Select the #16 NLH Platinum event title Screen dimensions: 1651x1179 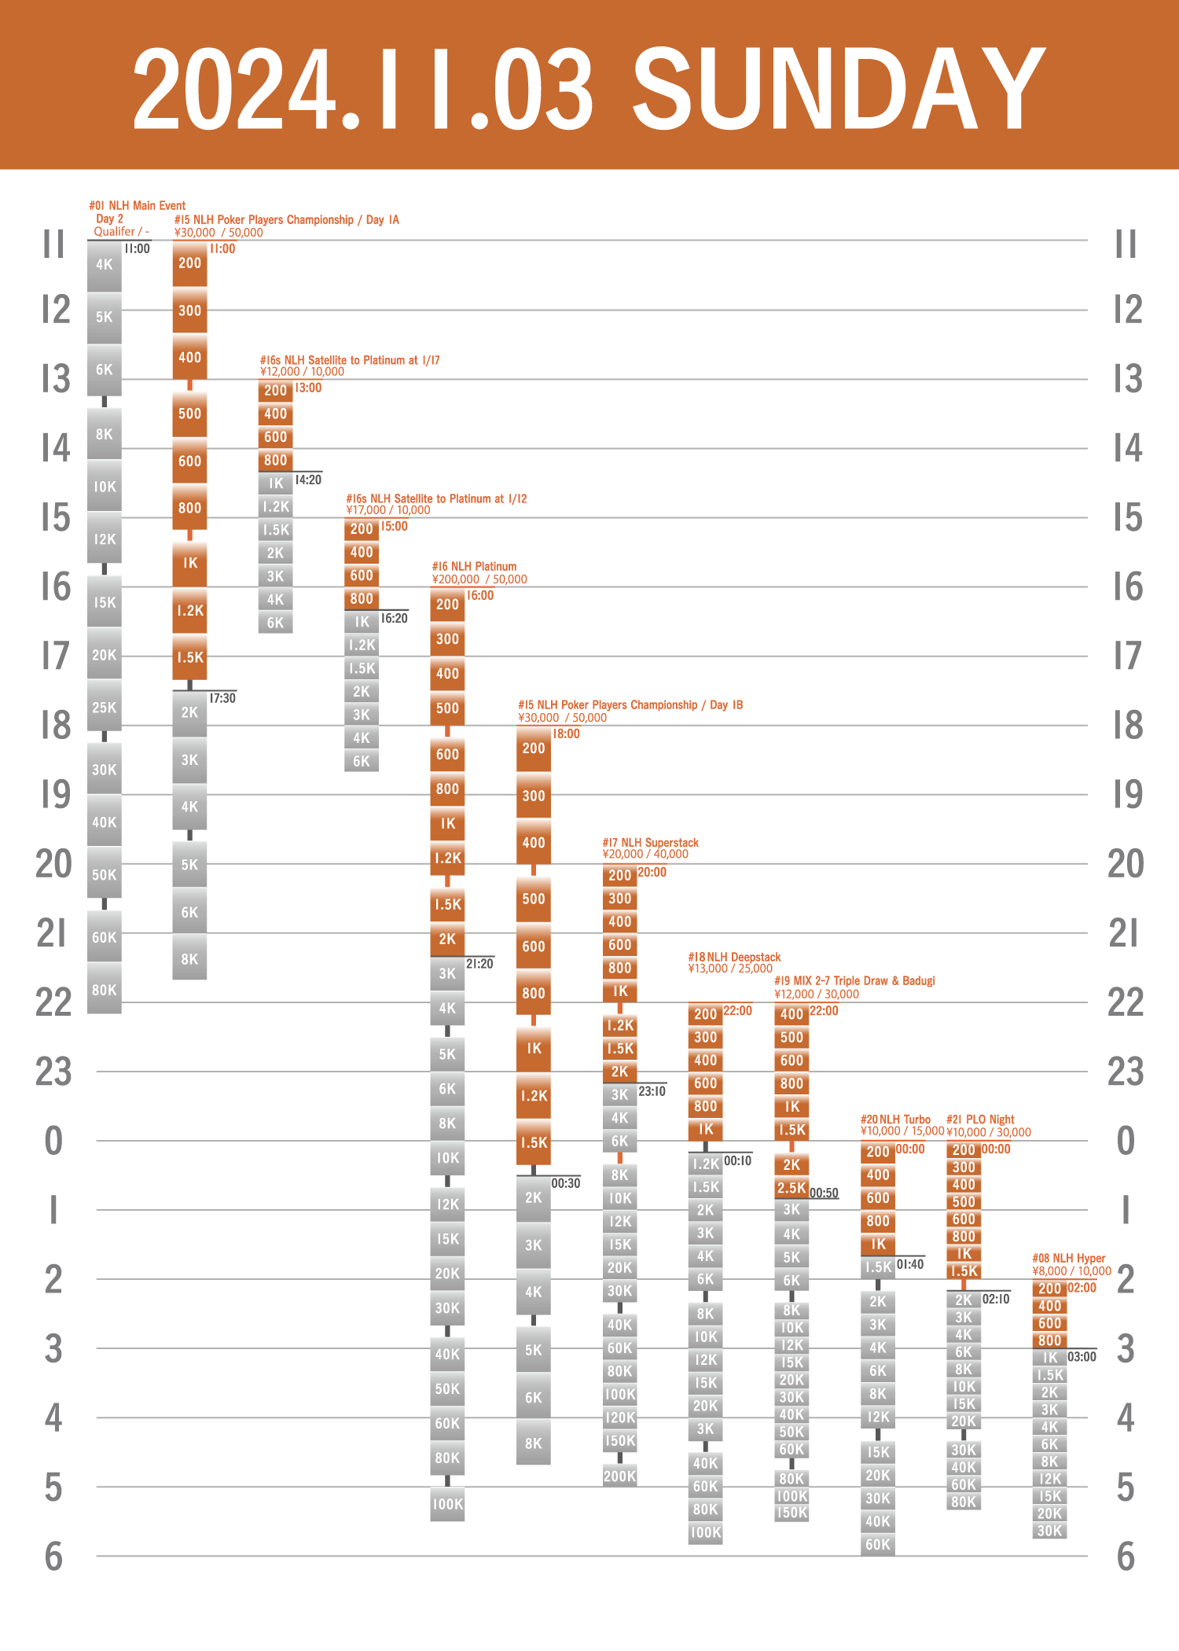[474, 566]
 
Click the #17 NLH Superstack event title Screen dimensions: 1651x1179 [650, 843]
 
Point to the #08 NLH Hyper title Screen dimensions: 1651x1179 [1068, 1258]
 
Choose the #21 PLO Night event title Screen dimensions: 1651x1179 [980, 1120]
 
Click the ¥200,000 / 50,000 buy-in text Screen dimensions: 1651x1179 [479, 579]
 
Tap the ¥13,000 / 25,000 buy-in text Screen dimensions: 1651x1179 [730, 969]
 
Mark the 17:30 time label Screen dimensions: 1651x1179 [222, 698]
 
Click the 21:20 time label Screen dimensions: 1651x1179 [479, 964]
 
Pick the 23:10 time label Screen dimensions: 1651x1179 [652, 1091]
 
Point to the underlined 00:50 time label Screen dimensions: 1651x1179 [824, 1193]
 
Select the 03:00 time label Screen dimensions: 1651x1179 [1082, 1357]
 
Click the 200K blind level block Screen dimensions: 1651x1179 [619, 1476]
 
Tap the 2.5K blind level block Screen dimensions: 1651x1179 [792, 1188]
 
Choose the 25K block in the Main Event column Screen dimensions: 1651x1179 [104, 708]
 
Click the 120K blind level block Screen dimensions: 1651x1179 [619, 1418]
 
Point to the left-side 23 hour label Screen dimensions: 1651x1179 [53, 1072]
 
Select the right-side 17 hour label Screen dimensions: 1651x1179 [1127, 656]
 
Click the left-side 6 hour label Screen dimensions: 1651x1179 [53, 1557]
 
